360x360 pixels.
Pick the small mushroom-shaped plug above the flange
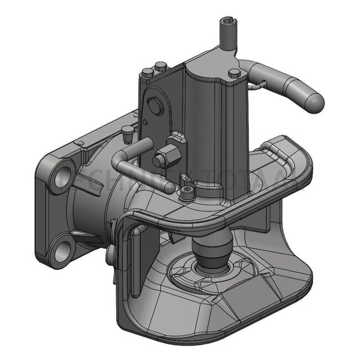point(127,131)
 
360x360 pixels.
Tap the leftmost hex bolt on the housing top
point(148,73)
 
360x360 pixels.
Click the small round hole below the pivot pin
point(145,121)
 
